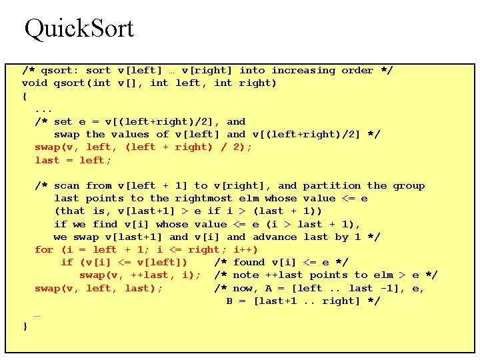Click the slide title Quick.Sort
point(79,28)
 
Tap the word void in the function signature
point(35,83)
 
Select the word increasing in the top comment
point(303,71)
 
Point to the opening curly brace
point(25,96)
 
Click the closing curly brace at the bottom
point(25,327)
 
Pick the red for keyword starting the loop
point(44,250)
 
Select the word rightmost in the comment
point(204,199)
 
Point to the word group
point(409,186)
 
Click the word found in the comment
point(249,263)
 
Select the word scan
point(67,186)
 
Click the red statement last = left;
point(73,161)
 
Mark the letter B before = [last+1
point(229,301)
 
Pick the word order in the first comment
point(357,71)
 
